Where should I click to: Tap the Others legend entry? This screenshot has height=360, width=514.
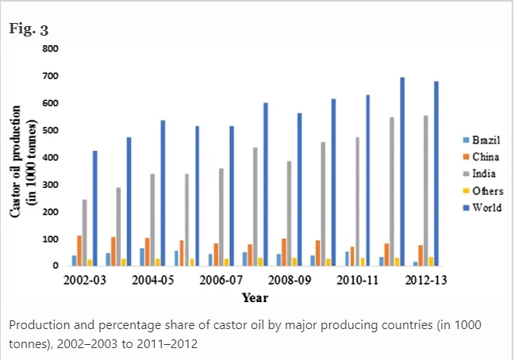(x=484, y=191)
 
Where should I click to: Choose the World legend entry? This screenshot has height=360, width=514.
(x=483, y=209)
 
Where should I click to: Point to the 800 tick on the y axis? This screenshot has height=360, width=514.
(x=51, y=48)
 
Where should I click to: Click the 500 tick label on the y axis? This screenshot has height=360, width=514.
(x=51, y=130)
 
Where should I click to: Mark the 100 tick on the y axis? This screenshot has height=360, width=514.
(x=51, y=239)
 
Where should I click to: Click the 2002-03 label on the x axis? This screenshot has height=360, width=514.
(x=80, y=280)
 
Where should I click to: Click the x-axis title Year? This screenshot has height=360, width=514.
(x=255, y=298)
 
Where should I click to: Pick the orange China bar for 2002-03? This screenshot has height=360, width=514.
(x=79, y=250)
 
